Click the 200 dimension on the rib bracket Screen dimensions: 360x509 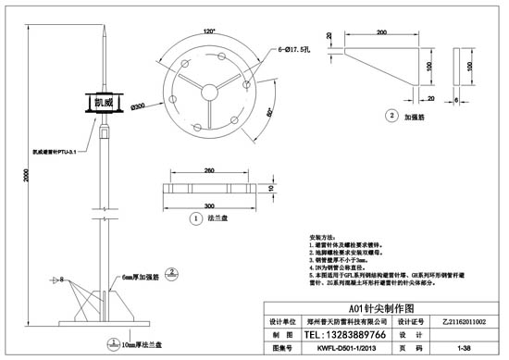(x=381, y=33)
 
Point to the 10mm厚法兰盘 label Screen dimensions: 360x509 (x=138, y=343)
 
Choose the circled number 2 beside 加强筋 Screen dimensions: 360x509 (x=391, y=117)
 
